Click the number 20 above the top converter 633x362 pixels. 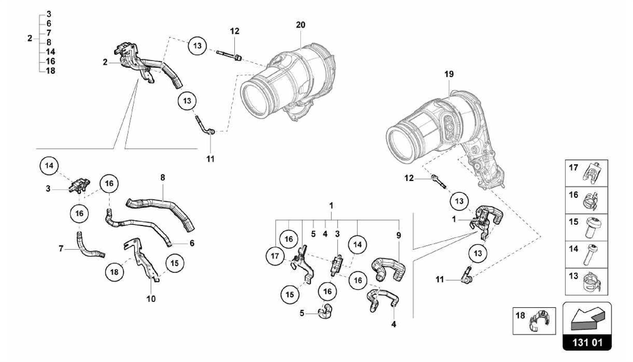(x=300, y=25)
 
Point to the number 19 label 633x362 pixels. (x=449, y=74)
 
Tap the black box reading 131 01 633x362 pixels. (x=587, y=343)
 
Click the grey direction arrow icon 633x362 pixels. (x=587, y=318)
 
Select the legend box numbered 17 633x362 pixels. (x=586, y=173)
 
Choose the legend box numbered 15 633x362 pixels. (x=586, y=227)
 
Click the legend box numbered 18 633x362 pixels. (x=534, y=321)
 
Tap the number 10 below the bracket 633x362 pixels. (x=151, y=299)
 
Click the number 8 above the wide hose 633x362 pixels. (x=163, y=178)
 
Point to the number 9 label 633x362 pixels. (x=399, y=235)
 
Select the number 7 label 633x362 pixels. (x=61, y=248)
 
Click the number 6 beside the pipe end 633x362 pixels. (x=192, y=243)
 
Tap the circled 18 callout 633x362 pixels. (x=114, y=272)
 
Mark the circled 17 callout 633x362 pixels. (x=275, y=256)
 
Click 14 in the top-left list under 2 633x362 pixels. (x=50, y=52)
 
